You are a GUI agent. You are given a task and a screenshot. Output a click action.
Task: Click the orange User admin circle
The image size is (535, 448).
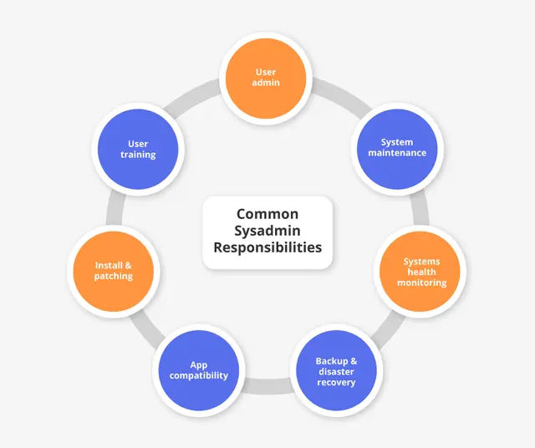point(267,78)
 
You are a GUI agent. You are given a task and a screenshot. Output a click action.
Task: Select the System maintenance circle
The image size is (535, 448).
point(396,148)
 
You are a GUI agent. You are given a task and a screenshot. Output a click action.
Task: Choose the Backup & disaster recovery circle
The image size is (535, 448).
point(335,371)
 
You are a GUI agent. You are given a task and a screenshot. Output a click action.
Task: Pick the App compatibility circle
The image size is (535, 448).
point(199,370)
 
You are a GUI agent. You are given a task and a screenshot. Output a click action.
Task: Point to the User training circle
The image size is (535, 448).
point(138,149)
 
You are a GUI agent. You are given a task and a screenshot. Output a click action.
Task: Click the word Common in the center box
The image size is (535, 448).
point(267,215)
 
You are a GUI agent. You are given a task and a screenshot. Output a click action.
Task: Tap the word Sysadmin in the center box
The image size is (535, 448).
point(267,231)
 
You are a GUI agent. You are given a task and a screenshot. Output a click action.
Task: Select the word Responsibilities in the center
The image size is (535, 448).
point(267,247)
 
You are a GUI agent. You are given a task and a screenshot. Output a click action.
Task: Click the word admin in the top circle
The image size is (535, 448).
point(267,84)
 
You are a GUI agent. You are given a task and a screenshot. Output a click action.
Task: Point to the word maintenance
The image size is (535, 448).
point(397,153)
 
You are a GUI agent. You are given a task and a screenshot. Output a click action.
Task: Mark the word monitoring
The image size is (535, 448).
point(421,283)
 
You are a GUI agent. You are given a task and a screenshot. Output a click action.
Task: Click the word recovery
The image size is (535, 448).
point(336,382)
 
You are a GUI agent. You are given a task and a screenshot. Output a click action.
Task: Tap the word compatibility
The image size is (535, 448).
point(199,375)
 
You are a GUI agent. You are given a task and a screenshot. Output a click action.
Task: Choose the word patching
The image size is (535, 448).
point(114,276)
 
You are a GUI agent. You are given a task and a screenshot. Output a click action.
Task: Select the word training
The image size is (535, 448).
point(138,155)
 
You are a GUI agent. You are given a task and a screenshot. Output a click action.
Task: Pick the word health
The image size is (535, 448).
point(421,272)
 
